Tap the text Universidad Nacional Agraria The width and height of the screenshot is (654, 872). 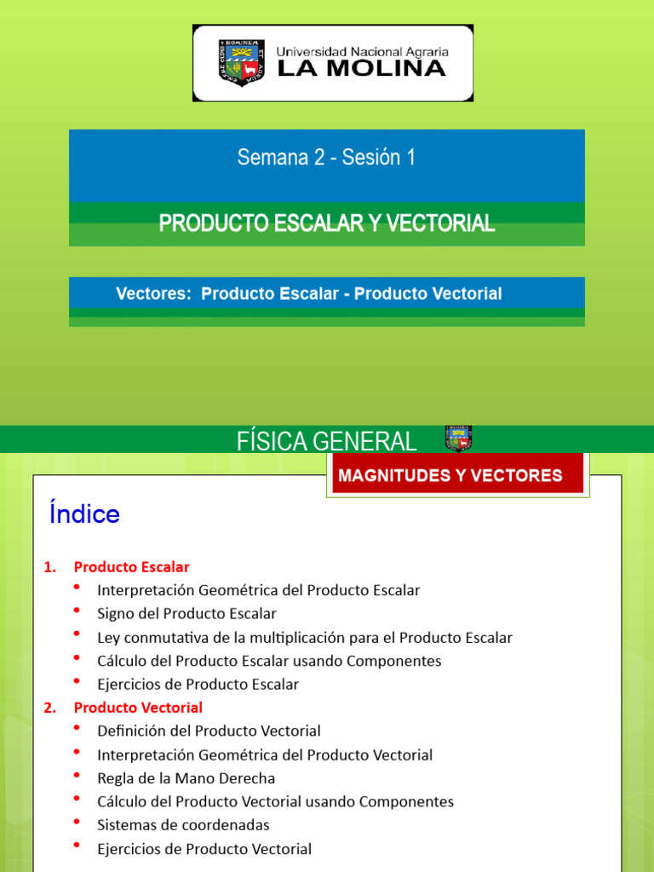coord(362,51)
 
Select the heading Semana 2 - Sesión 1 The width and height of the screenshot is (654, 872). coord(326,158)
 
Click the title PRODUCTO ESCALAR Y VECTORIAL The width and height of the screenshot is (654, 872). coord(326,224)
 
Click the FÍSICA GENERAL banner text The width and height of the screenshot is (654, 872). coord(326,441)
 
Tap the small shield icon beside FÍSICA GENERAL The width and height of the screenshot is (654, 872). coord(458,439)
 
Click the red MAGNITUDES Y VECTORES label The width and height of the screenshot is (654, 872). coord(450,475)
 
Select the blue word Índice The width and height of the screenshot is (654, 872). coord(84,514)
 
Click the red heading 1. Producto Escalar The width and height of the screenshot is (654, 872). coord(131,566)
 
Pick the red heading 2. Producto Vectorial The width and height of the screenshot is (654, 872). coord(138,708)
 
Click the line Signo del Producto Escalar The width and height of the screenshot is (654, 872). coord(186,613)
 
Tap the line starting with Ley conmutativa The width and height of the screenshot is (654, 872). coord(305,637)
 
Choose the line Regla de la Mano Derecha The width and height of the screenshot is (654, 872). coord(186,778)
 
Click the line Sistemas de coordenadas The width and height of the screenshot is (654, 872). coord(183,825)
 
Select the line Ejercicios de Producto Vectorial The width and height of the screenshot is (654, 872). coord(204,849)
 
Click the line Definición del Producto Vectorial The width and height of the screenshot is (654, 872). coord(209,731)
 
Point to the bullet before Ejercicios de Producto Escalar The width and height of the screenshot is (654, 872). coord(77,681)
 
